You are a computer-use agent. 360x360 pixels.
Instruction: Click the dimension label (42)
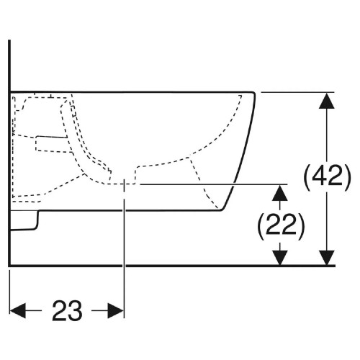pyautogui.click(x=328, y=178)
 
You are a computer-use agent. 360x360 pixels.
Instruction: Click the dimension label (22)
pyautogui.click(x=281, y=226)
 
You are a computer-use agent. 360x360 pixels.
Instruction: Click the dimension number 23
pyautogui.click(x=67, y=310)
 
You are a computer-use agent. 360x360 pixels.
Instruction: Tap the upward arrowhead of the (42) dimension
pyautogui.click(x=327, y=101)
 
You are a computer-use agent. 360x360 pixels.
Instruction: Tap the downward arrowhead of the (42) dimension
pyautogui.click(x=327, y=258)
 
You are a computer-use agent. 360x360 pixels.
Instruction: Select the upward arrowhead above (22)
pyautogui.click(x=279, y=193)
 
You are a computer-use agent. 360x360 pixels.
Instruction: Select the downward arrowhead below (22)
pyautogui.click(x=279, y=258)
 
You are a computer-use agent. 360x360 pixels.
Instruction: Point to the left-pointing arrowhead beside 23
pyautogui.click(x=18, y=310)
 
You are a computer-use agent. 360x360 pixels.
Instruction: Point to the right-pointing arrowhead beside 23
pyautogui.click(x=116, y=310)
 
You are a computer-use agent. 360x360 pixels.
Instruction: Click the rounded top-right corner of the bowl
pyautogui.click(x=253, y=93)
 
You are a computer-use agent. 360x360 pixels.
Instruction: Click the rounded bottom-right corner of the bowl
pyautogui.click(x=222, y=210)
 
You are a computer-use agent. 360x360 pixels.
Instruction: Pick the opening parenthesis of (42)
pyautogui.click(x=307, y=178)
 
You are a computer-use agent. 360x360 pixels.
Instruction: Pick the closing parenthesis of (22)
pyautogui.click(x=301, y=226)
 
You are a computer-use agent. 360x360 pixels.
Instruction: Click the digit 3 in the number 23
pyautogui.click(x=75, y=310)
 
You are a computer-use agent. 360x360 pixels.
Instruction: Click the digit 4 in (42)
pyautogui.click(x=320, y=176)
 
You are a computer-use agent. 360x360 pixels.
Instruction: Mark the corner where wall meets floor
pyautogui.click(x=9, y=266)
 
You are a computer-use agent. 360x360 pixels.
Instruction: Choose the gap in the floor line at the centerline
pyautogui.click(x=124, y=266)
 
